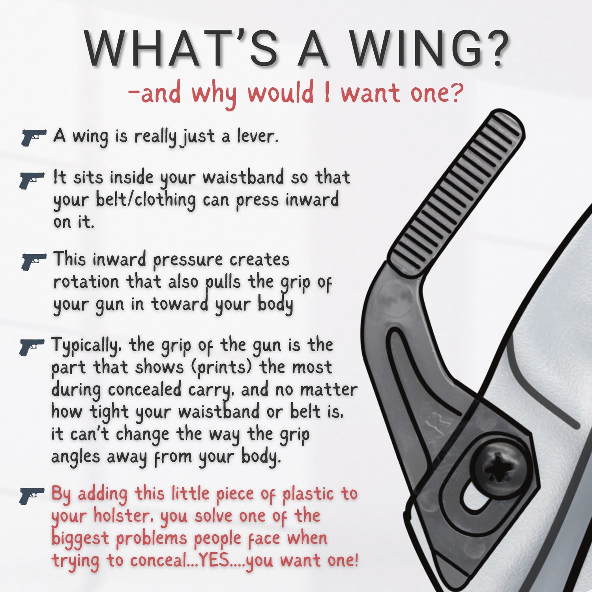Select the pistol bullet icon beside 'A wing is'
pyautogui.click(x=33, y=137)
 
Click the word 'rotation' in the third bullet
pyautogui.click(x=86, y=282)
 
